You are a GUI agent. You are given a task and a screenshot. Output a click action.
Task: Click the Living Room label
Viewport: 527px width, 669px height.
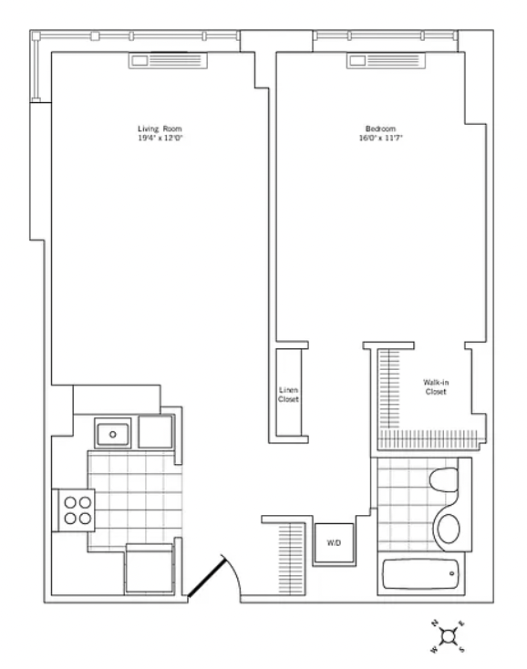click(x=160, y=129)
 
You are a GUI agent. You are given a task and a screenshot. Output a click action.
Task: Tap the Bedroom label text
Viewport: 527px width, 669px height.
click(x=380, y=129)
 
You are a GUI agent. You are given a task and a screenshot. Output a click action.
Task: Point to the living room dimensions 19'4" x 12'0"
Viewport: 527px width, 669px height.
click(x=160, y=138)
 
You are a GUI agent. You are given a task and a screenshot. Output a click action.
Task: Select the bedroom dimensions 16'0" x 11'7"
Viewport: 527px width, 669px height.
click(x=380, y=138)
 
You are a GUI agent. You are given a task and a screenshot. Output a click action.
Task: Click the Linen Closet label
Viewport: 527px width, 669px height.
click(x=288, y=395)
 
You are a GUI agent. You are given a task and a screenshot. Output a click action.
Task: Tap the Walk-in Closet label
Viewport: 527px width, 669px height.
click(x=436, y=387)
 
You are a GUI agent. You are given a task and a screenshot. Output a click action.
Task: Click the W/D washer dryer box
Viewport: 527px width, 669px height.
click(x=334, y=542)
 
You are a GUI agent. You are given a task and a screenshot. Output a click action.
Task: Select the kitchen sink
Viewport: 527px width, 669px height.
click(x=113, y=434)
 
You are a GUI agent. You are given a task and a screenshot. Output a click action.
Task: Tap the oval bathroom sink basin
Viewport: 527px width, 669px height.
click(x=449, y=529)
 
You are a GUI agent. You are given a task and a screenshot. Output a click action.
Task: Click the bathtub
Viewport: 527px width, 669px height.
click(x=421, y=574)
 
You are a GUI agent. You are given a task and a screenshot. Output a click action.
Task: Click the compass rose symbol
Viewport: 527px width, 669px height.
click(x=448, y=636)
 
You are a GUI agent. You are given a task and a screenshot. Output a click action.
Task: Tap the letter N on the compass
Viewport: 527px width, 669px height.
click(x=435, y=623)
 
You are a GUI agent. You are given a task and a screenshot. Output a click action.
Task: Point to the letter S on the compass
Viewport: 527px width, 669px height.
click(x=460, y=650)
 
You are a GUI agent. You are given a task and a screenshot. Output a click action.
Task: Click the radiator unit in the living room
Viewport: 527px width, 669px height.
click(x=168, y=60)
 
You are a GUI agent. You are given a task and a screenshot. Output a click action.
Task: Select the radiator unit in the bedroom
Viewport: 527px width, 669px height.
click(x=387, y=60)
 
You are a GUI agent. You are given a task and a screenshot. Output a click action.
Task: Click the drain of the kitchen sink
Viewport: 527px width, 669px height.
click(x=113, y=435)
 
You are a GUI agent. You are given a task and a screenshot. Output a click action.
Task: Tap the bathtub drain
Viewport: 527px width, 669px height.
click(x=452, y=574)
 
